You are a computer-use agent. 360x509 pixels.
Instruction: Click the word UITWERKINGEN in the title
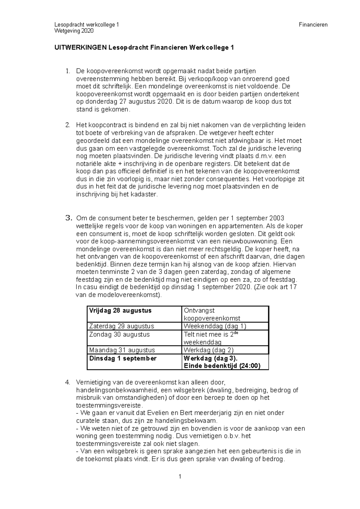(x=80, y=47)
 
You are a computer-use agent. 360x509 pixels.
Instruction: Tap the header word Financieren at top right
(x=313, y=25)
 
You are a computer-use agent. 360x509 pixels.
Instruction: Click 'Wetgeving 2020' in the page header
(x=74, y=31)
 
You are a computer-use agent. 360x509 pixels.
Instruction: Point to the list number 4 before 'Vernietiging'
(x=68, y=382)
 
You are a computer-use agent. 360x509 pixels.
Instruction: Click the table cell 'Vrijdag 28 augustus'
(x=120, y=311)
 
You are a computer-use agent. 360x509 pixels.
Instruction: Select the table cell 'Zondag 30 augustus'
(x=119, y=335)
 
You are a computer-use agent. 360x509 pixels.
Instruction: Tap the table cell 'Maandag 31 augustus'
(x=122, y=350)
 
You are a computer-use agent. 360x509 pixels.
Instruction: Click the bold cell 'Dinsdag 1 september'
(x=123, y=359)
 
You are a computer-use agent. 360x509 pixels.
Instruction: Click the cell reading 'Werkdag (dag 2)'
(x=208, y=350)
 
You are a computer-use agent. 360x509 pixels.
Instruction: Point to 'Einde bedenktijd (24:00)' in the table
(x=222, y=366)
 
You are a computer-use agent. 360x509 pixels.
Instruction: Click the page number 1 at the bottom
(x=180, y=477)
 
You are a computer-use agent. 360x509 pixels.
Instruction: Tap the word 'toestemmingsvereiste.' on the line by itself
(x=108, y=406)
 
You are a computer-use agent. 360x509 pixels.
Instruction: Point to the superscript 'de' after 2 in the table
(x=236, y=333)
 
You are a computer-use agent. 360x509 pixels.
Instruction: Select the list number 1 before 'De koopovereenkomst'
(x=68, y=71)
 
